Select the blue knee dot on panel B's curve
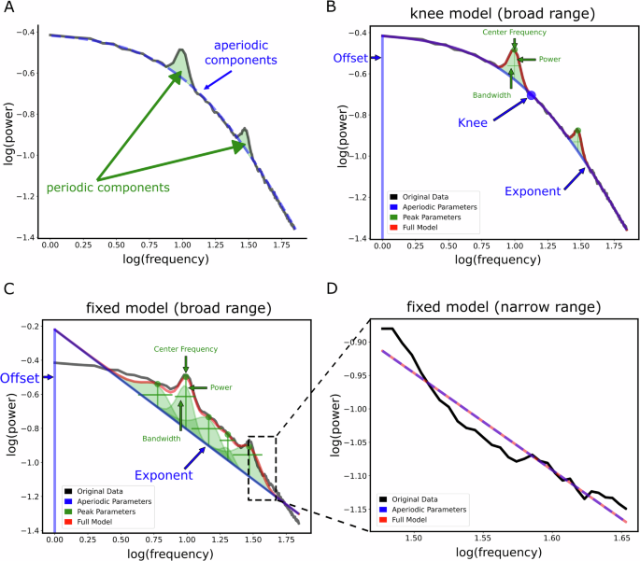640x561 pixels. [x=531, y=95]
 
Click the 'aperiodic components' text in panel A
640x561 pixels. [x=243, y=59]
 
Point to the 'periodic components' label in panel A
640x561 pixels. [x=108, y=188]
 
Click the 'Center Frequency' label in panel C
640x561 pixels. [x=186, y=349]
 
